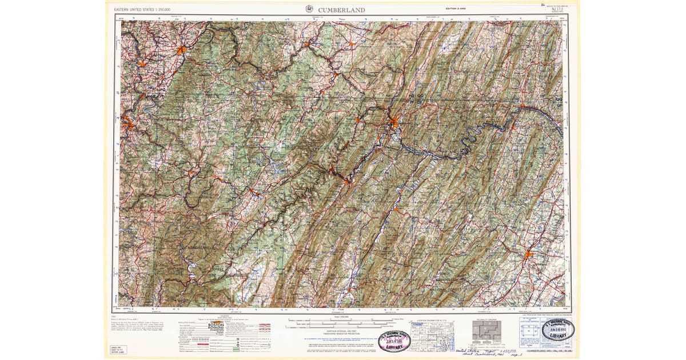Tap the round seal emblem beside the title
click(310, 9)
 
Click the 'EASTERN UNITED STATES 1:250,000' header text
click(143, 10)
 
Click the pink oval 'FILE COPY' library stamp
click(394, 341)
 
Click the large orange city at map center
click(394, 122)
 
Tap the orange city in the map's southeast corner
click(529, 254)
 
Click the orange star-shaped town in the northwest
click(181, 50)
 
